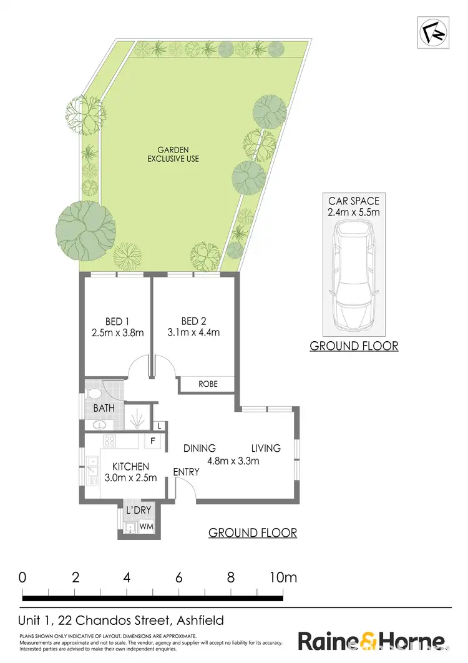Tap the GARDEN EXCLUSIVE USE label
point(173,154)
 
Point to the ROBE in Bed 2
point(208,384)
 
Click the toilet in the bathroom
point(94,394)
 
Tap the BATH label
point(104,408)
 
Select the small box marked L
point(160,426)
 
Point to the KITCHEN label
point(130,466)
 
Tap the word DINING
point(199,448)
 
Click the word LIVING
point(266,448)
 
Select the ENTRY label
point(187,472)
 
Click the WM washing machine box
point(146,527)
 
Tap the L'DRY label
point(139,511)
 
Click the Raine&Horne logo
point(372,642)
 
